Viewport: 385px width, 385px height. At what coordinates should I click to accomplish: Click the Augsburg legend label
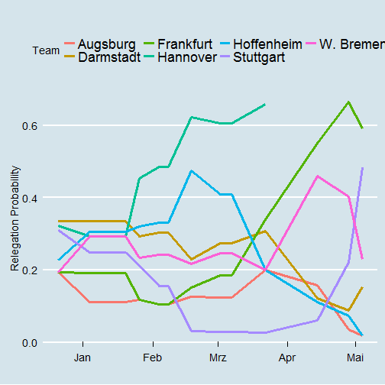(x=107, y=44)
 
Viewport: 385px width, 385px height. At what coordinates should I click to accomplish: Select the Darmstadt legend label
(x=109, y=57)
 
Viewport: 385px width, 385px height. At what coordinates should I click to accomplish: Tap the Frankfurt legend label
(x=185, y=44)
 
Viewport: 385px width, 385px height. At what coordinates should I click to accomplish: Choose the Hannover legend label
(x=187, y=57)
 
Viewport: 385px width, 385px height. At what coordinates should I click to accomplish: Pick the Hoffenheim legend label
(x=267, y=44)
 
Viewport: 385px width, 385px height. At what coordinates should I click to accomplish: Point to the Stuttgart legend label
(x=259, y=57)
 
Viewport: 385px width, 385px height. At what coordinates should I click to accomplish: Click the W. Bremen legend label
(x=352, y=44)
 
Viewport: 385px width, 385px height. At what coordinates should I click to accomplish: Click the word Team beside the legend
(x=46, y=50)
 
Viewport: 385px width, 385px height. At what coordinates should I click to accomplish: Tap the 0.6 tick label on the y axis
(x=30, y=126)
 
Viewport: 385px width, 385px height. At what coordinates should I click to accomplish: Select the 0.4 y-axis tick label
(x=30, y=198)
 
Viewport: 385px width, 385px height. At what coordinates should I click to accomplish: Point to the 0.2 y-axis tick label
(x=30, y=270)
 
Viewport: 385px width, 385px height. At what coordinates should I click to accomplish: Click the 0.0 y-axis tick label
(x=30, y=343)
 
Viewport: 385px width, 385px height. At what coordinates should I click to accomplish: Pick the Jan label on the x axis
(x=82, y=357)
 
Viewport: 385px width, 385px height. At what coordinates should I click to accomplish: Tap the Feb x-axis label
(x=153, y=357)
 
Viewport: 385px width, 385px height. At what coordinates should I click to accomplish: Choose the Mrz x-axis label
(x=218, y=357)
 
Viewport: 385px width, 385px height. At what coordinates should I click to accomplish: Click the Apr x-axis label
(x=287, y=357)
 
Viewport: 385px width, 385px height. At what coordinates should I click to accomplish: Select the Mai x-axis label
(x=355, y=357)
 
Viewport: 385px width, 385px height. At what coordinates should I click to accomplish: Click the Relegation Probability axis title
(x=15, y=218)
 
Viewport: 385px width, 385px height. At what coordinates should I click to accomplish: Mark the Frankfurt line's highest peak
(x=348, y=102)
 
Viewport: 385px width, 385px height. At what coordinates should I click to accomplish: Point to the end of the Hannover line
(x=265, y=104)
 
